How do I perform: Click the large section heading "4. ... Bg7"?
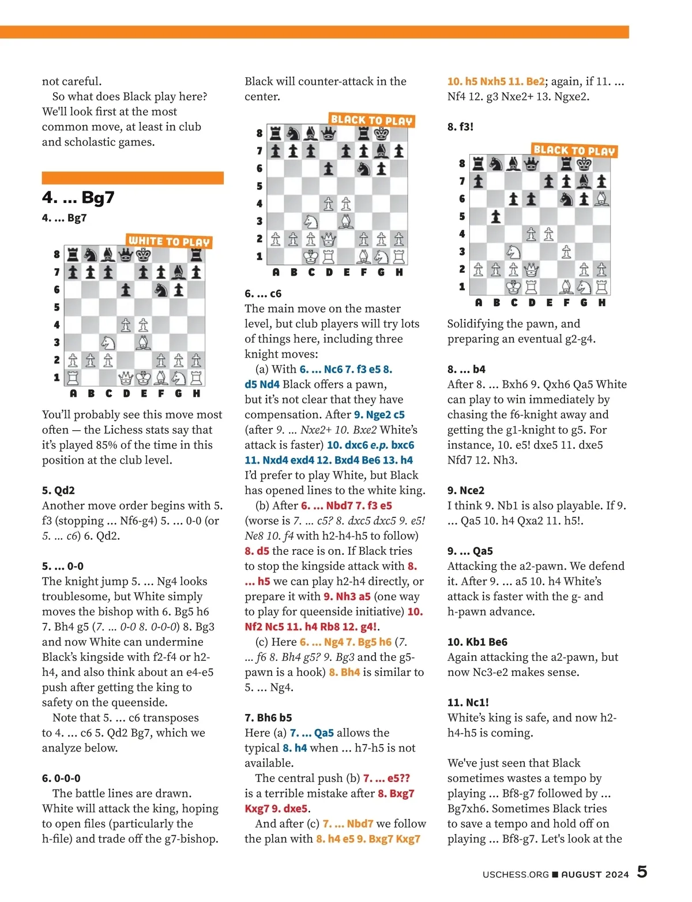[x=78, y=198]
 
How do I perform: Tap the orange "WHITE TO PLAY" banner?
[x=169, y=242]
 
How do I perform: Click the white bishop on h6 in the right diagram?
[x=601, y=199]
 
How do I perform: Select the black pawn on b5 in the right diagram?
[x=496, y=217]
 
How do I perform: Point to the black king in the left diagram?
[x=143, y=254]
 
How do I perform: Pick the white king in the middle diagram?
[x=311, y=257]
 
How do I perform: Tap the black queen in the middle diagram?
[x=328, y=134]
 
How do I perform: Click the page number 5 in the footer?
[x=642, y=872]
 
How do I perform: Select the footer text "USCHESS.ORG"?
[x=516, y=874]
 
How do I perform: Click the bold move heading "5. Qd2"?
[x=58, y=490]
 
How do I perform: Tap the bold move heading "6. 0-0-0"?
[x=61, y=778]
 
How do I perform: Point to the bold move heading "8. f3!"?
[x=460, y=126]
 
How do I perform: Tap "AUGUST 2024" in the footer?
[x=595, y=874]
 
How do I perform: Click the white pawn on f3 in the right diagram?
[x=566, y=252]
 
